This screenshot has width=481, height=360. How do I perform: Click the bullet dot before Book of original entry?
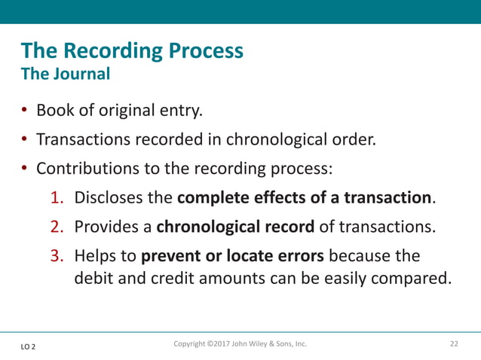(25, 111)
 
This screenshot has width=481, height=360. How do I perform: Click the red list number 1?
(57, 199)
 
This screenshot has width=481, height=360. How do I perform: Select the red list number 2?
(57, 228)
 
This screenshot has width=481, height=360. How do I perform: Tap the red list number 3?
(57, 258)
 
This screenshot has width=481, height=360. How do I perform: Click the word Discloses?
(108, 199)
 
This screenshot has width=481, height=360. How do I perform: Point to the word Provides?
(105, 228)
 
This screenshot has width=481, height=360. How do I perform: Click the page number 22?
(454, 344)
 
